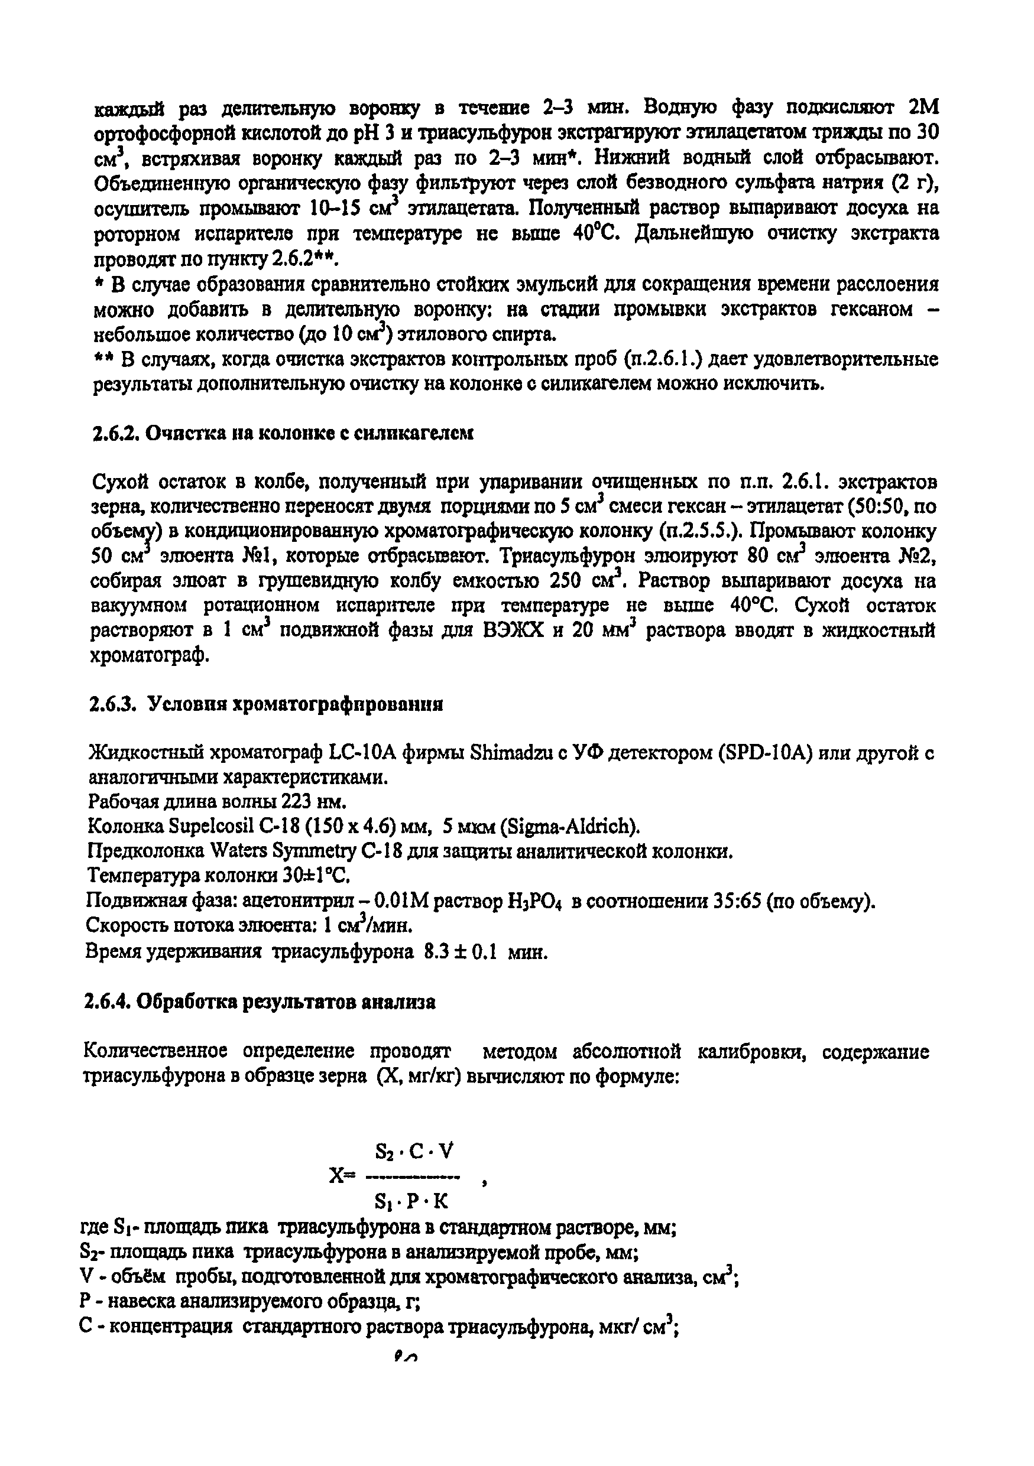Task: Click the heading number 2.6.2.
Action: (116, 434)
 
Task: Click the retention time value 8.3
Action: (432, 953)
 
